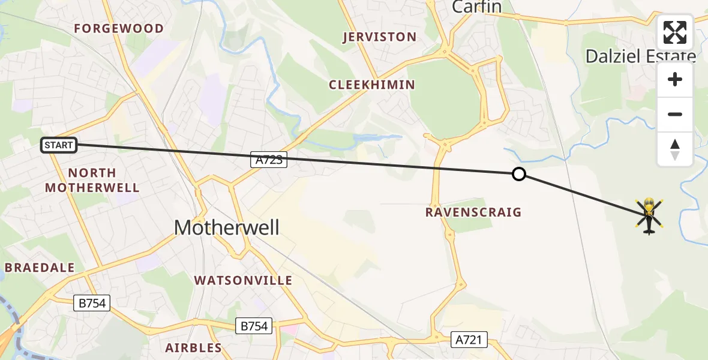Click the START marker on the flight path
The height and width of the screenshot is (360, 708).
pos(59,145)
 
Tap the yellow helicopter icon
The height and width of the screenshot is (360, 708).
pos(649,215)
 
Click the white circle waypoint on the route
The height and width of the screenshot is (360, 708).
pos(519,174)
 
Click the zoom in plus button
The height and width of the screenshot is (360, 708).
pos(675,80)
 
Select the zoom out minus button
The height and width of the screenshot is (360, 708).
pos(675,114)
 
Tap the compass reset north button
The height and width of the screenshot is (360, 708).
pos(675,149)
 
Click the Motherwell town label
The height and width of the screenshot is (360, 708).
pos(226,227)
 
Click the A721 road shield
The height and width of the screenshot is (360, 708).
pos(469,340)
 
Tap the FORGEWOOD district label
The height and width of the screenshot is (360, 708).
pos(119,29)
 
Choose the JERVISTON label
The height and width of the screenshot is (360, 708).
pos(379,37)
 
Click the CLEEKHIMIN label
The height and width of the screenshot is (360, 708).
pos(372,85)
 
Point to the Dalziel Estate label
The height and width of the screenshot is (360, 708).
pos(640,56)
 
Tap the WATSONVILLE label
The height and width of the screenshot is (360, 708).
pos(244,280)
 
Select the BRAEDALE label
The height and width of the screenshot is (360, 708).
pos(40,268)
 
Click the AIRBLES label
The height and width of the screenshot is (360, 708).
pos(194,347)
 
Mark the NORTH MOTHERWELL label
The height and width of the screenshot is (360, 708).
pos(92,180)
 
